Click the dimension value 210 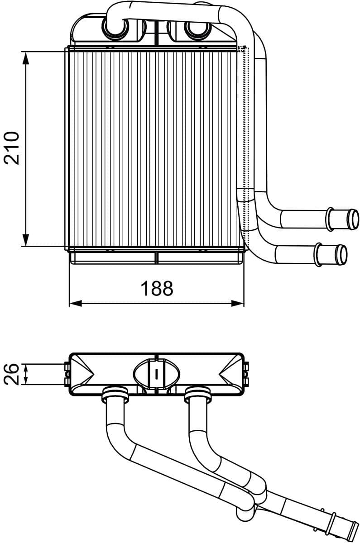pyautogui.click(x=12, y=148)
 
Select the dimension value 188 pyautogui.click(x=157, y=288)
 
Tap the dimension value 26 pyautogui.click(x=12, y=374)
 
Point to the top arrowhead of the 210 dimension pyautogui.click(x=26, y=57)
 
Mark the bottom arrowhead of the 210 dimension pyautogui.click(x=26, y=241)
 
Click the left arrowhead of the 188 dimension pyautogui.click(x=75, y=303)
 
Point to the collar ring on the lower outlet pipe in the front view pyautogui.click(x=318, y=254)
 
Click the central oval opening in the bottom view pyautogui.click(x=156, y=374)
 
